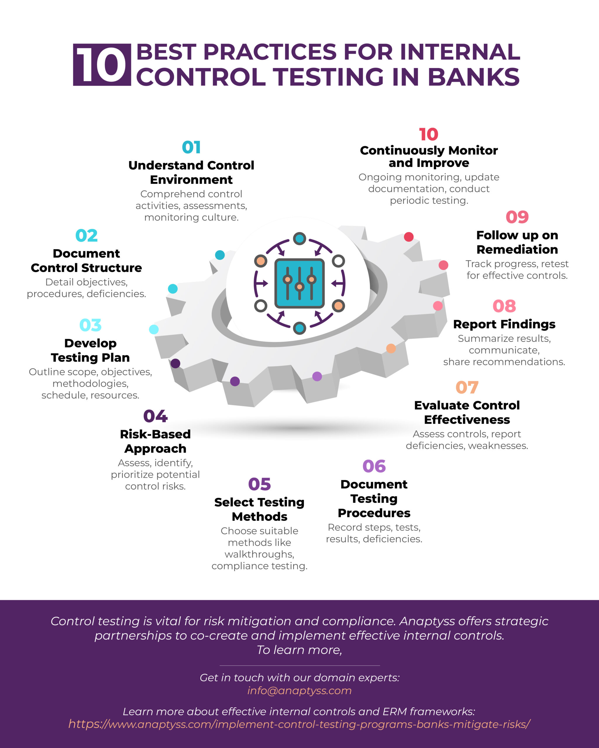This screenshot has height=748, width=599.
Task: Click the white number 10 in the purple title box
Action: point(101,65)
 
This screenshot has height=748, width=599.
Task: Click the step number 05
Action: point(259,484)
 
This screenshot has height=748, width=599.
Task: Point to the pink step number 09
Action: point(517,217)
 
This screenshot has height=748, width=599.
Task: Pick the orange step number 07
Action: point(467,387)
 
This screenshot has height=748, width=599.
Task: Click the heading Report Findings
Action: point(504,324)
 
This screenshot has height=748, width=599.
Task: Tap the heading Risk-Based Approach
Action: point(155,441)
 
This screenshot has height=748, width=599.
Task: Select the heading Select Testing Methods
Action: point(259,509)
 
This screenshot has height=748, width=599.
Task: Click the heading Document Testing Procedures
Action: point(374,498)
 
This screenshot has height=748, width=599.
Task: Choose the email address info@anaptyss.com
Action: point(299,690)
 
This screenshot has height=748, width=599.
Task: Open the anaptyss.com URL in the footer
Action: point(299,724)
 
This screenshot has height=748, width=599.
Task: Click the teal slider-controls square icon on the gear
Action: point(299,283)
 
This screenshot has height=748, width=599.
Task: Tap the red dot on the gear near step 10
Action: point(409,237)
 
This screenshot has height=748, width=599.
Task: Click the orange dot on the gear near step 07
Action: point(391,348)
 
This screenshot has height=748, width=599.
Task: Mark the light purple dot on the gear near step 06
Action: point(317,376)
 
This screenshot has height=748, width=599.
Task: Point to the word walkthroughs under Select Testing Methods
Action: point(259,554)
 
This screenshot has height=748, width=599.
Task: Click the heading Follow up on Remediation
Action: point(517,242)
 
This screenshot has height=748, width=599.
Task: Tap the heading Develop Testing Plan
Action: point(90,350)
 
